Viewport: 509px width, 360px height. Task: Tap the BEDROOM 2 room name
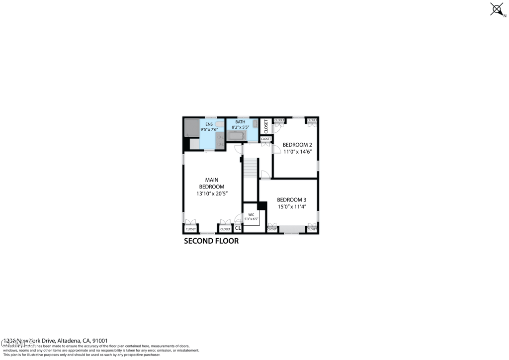[x=297, y=145]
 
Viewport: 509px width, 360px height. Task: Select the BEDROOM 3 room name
[x=292, y=199]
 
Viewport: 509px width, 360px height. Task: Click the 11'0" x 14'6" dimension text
[x=297, y=152]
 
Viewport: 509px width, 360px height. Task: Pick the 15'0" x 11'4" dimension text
[x=292, y=206]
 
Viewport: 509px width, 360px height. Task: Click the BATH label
[x=241, y=122]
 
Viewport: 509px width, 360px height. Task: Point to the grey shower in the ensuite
[x=191, y=128]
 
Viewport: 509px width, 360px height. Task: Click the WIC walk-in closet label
[x=251, y=214]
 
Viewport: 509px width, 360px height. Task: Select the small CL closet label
[x=238, y=229]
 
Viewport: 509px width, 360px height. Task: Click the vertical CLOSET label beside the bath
[x=266, y=126]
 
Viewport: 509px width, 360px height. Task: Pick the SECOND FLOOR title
[x=211, y=241]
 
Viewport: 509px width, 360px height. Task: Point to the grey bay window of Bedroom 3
[x=292, y=229]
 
